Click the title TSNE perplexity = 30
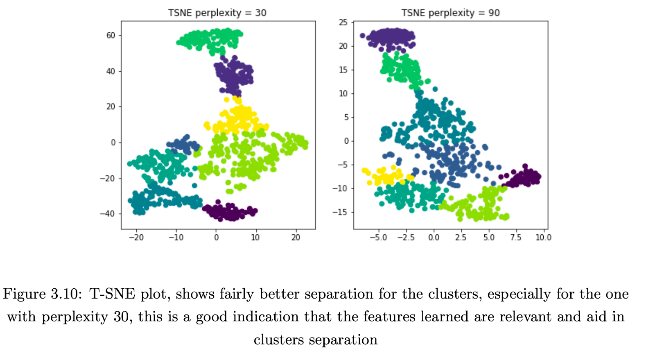click(217, 13)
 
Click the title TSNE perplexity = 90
click(450, 13)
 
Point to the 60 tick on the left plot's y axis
click(111, 36)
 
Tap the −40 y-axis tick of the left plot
click(108, 214)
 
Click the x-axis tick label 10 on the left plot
click(255, 238)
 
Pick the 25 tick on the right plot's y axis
click(343, 23)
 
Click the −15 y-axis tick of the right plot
click(340, 212)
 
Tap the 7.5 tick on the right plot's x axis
click(516, 238)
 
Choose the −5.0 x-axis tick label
click(378, 238)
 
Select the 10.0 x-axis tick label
click(543, 238)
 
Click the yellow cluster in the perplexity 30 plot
click(237, 119)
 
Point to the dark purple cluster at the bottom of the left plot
click(229, 212)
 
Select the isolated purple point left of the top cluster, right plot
click(362, 36)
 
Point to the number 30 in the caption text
click(121, 317)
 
